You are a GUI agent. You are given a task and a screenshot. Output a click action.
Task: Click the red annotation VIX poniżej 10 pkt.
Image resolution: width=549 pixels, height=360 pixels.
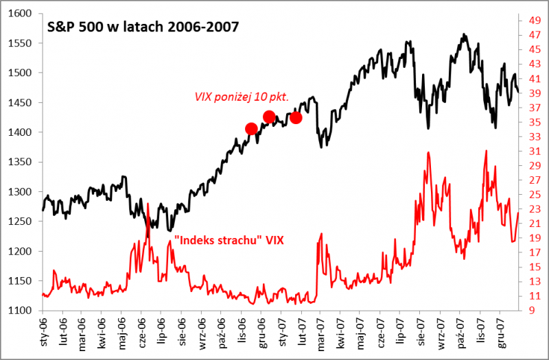tap(241, 97)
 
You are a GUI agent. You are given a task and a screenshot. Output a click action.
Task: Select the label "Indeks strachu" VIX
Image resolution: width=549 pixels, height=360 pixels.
tap(229, 240)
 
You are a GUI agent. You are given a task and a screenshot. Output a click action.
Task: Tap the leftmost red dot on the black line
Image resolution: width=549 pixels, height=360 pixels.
tap(251, 129)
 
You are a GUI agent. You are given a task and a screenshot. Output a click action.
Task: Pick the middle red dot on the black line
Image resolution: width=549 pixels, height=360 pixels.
tap(269, 117)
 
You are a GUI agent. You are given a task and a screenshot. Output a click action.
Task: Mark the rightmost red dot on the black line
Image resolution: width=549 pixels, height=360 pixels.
tap(296, 117)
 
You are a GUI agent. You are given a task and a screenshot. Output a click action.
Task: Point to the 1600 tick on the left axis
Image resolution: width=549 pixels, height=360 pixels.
tap(21, 14)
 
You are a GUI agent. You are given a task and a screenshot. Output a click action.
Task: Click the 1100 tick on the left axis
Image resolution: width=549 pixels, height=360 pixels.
tap(21, 311)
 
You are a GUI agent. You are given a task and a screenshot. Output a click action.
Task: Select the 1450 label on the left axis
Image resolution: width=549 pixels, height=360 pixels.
tap(21, 103)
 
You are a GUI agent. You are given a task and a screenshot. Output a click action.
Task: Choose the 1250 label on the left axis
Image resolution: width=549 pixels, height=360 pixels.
tap(21, 221)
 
